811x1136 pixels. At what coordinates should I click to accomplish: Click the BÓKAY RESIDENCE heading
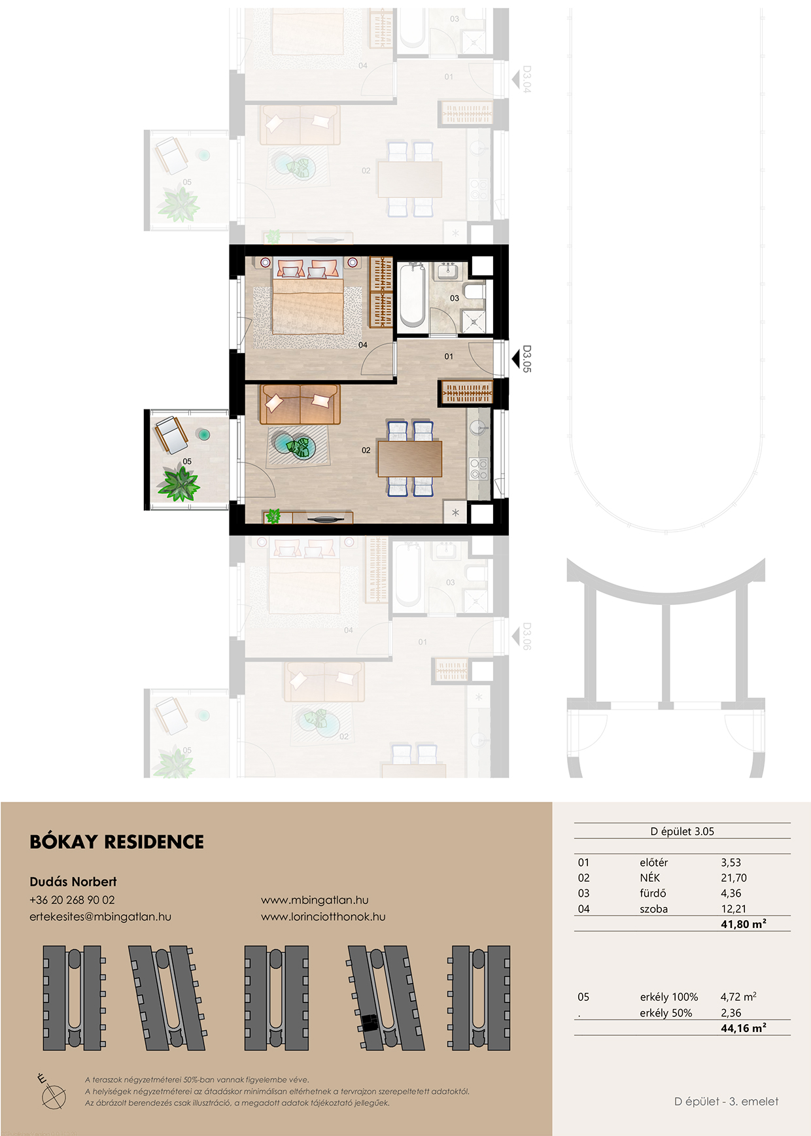[x=116, y=842]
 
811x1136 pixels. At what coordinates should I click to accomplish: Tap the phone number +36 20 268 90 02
[x=72, y=900]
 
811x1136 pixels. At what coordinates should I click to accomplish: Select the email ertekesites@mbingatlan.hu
[x=100, y=916]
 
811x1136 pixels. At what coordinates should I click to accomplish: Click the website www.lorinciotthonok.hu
[x=323, y=916]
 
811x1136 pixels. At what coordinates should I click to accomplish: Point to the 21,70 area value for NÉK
[x=733, y=878]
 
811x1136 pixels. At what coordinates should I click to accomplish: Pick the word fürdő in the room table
[x=653, y=893]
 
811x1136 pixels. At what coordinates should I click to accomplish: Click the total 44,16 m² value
[x=744, y=1028]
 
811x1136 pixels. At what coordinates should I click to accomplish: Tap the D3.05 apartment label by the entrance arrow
[x=527, y=359]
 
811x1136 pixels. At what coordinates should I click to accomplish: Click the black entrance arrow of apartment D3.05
[x=515, y=359]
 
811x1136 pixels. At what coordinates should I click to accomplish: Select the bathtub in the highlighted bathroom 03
[x=412, y=294]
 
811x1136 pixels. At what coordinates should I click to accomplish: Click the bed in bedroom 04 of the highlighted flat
[x=308, y=298]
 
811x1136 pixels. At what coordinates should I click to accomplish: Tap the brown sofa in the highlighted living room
[x=300, y=404]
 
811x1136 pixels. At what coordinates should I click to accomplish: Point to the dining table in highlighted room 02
[x=410, y=458]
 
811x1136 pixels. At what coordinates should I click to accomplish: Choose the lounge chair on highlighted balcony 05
[x=171, y=434]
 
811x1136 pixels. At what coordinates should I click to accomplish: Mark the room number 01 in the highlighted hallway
[x=449, y=356]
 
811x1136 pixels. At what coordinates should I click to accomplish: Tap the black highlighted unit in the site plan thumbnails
[x=370, y=1023]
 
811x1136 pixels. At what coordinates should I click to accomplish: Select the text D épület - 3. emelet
[x=726, y=1101]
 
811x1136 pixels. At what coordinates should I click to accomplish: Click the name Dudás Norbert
[x=73, y=882]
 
